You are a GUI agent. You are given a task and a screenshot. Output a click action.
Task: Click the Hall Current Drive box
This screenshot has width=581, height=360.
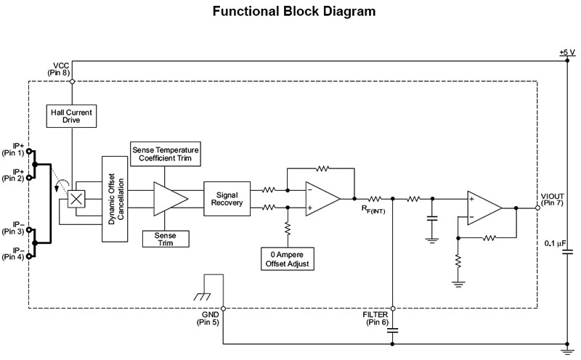tap(71, 116)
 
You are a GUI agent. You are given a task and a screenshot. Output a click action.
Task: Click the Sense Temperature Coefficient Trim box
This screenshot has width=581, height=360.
tap(166, 153)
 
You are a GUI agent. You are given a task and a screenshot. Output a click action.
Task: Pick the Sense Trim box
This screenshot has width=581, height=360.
tap(166, 239)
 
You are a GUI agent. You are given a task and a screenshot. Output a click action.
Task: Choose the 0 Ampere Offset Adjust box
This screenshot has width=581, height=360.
tap(288, 258)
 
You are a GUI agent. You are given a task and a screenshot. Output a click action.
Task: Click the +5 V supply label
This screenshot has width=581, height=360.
tap(567, 52)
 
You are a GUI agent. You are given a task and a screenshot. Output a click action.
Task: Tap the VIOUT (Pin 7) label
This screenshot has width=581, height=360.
tap(556, 200)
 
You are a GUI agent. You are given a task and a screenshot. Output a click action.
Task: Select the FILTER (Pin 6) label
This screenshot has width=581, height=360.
tap(376, 318)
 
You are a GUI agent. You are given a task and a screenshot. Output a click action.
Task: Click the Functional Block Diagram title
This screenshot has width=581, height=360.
tap(294, 12)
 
